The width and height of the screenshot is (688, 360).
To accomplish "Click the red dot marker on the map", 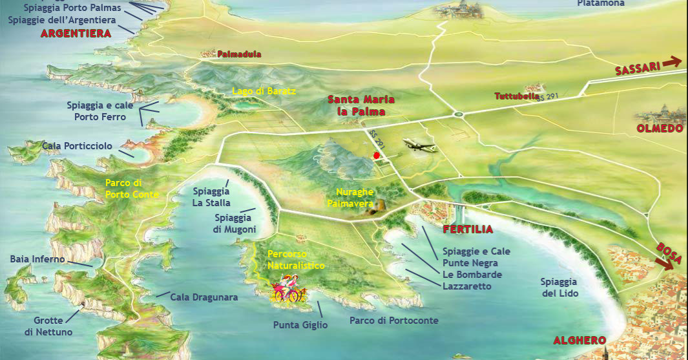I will pyautogui.click(x=377, y=155).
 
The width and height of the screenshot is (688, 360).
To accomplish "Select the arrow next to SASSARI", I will pyautogui.click(x=672, y=61).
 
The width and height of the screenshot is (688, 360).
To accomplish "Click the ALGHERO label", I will pyautogui.click(x=579, y=341).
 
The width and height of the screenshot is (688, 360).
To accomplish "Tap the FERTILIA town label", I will pyautogui.click(x=468, y=229).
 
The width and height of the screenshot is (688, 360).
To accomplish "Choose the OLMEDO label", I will pyautogui.click(x=660, y=129).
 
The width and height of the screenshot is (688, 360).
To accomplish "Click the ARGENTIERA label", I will pyautogui.click(x=76, y=34).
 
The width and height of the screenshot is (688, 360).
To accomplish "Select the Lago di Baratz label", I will pyautogui.click(x=264, y=91).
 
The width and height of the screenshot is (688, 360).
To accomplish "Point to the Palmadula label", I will pyautogui.click(x=239, y=54).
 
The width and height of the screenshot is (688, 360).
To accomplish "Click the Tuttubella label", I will pyautogui.click(x=517, y=97).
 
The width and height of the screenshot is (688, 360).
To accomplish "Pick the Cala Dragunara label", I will pyautogui.click(x=204, y=298).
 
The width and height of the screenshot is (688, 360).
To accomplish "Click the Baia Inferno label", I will pyautogui.click(x=37, y=259).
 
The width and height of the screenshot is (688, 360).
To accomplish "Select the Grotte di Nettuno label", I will pyautogui.click(x=48, y=326).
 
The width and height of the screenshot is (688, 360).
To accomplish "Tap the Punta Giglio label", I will pyautogui.click(x=300, y=325).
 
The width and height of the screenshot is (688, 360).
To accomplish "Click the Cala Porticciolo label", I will pyautogui.click(x=77, y=147).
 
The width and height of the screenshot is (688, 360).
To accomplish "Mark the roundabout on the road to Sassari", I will pyautogui.click(x=459, y=114).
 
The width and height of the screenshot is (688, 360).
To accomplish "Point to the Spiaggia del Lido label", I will pyautogui.click(x=559, y=288).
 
